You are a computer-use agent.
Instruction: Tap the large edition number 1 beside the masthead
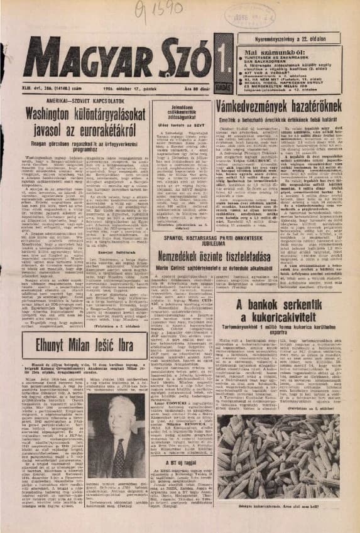[x=197, y=57]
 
